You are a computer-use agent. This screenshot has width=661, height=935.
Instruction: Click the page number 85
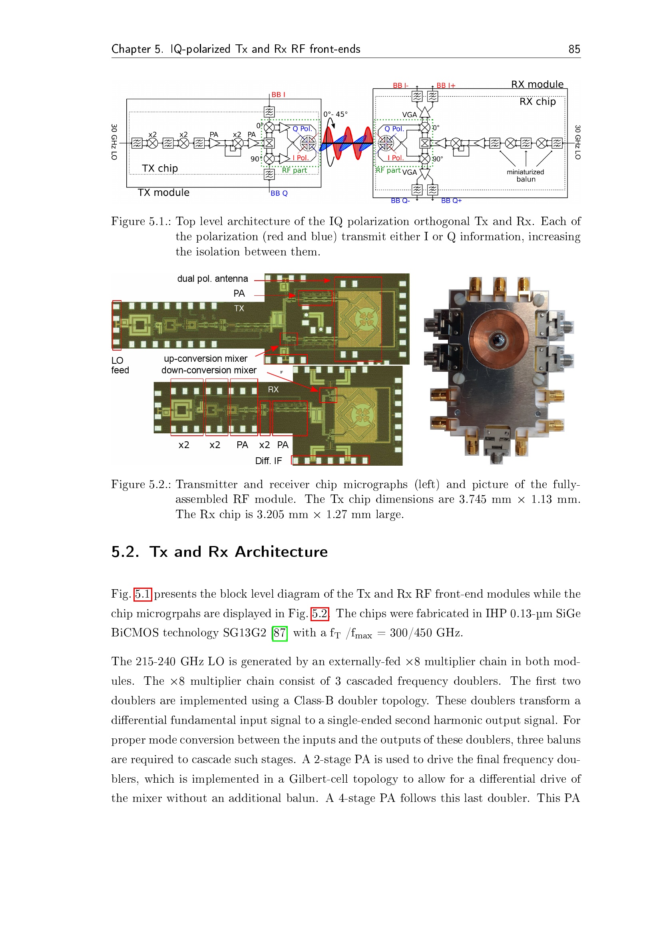click(574, 49)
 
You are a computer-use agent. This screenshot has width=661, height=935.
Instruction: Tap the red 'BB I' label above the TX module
click(279, 94)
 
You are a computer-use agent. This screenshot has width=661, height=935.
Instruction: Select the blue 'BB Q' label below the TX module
click(279, 193)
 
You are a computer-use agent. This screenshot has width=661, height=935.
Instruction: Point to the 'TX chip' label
click(160, 168)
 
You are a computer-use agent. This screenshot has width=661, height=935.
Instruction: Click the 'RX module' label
click(537, 84)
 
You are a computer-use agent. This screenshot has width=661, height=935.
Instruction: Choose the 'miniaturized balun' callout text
click(526, 175)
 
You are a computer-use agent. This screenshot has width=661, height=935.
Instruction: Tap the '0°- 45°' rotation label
click(335, 114)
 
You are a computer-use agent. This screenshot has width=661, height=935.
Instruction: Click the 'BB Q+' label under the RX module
click(451, 201)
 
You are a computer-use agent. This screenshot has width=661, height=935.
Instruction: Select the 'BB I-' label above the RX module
click(400, 85)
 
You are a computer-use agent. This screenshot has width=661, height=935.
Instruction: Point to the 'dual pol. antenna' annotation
click(213, 279)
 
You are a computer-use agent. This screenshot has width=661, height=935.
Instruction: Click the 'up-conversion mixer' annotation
click(205, 358)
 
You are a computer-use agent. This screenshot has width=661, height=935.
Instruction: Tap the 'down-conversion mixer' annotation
click(209, 370)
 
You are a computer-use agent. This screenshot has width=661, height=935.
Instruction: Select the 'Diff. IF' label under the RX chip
click(269, 461)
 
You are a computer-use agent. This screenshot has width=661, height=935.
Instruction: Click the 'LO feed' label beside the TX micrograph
click(120, 365)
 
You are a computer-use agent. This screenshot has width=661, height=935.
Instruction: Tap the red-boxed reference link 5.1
click(143, 594)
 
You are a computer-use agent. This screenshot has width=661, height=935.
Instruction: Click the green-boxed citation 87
click(280, 633)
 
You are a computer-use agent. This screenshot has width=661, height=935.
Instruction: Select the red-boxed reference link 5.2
click(320, 613)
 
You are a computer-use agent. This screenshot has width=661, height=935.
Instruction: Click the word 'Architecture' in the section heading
click(281, 552)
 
